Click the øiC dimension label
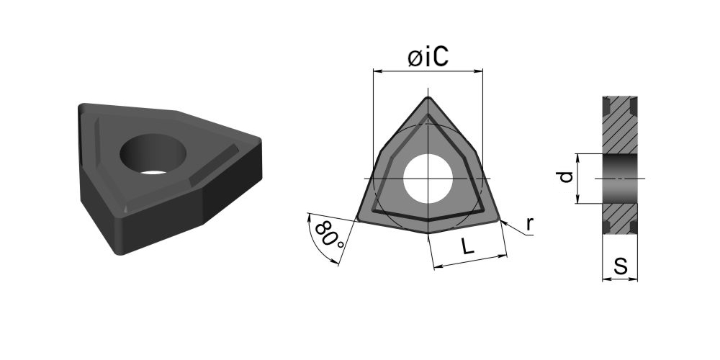coord(428,58)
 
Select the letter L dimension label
coord(467,247)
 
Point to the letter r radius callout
coord(530,224)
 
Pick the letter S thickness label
coord(621,266)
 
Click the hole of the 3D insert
coord(153,154)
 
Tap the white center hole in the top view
coord(428,179)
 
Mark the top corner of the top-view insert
coord(428,97)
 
